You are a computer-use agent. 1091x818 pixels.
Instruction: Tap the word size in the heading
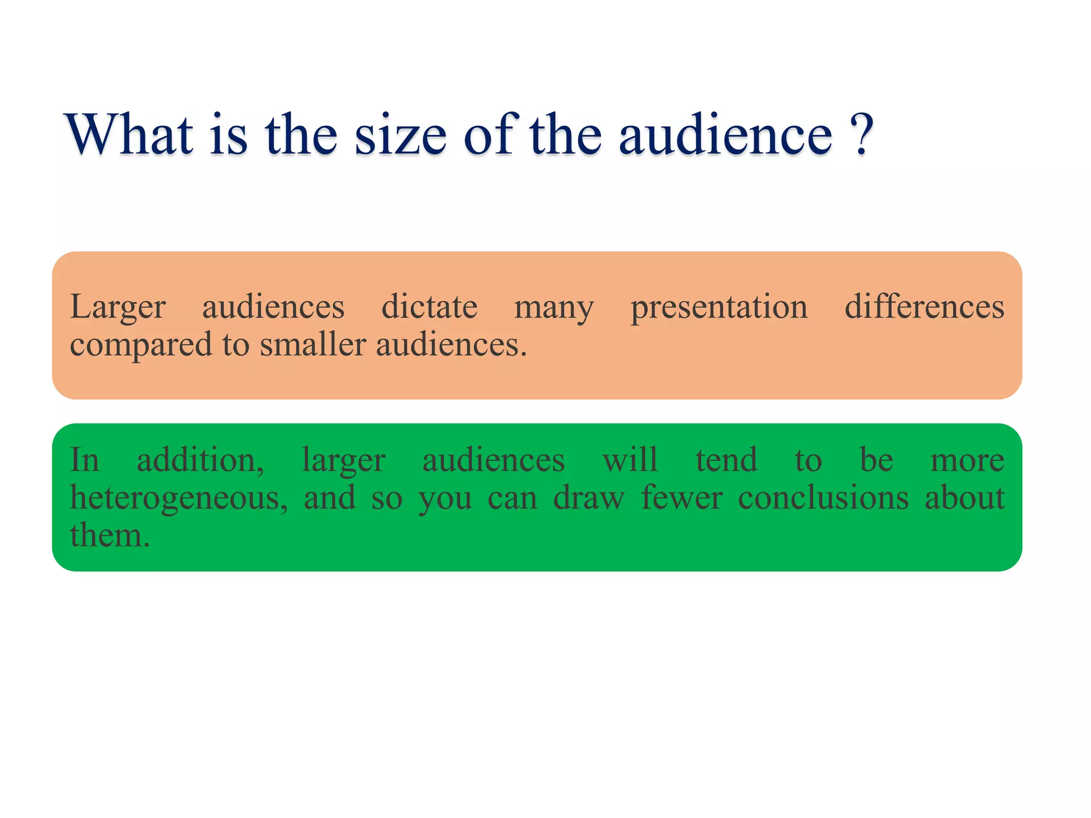point(400,135)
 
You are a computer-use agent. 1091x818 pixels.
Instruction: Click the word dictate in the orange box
point(429,307)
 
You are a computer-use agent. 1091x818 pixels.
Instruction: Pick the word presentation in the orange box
point(719,308)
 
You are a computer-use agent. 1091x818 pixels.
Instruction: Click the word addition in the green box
point(200,460)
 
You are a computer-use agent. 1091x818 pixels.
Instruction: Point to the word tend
point(726,460)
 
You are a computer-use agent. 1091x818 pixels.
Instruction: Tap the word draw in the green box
point(589,498)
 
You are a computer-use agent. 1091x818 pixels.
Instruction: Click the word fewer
point(682,498)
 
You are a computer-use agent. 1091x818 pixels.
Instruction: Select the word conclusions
point(823,498)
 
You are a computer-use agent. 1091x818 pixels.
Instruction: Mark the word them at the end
point(109,536)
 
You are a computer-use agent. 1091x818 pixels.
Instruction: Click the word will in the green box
point(630,460)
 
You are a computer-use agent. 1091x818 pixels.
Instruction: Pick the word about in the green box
point(964,498)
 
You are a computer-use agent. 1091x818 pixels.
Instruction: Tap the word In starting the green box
point(85,460)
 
